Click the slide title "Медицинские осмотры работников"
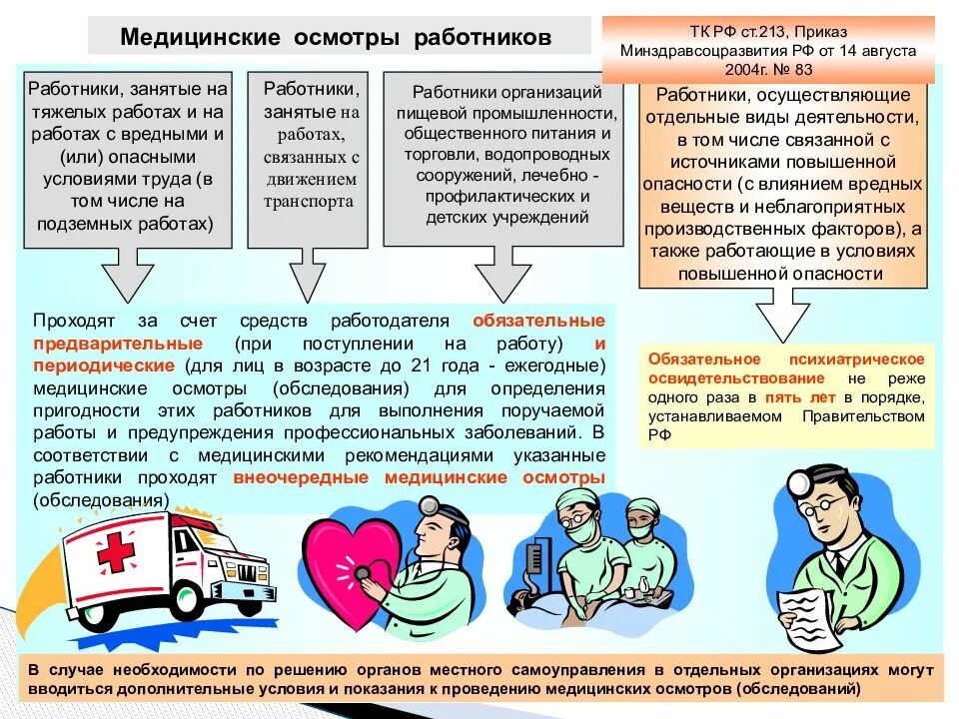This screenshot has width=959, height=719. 336,37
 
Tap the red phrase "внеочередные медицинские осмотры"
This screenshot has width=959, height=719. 419,478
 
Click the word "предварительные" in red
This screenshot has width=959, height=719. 118,343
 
